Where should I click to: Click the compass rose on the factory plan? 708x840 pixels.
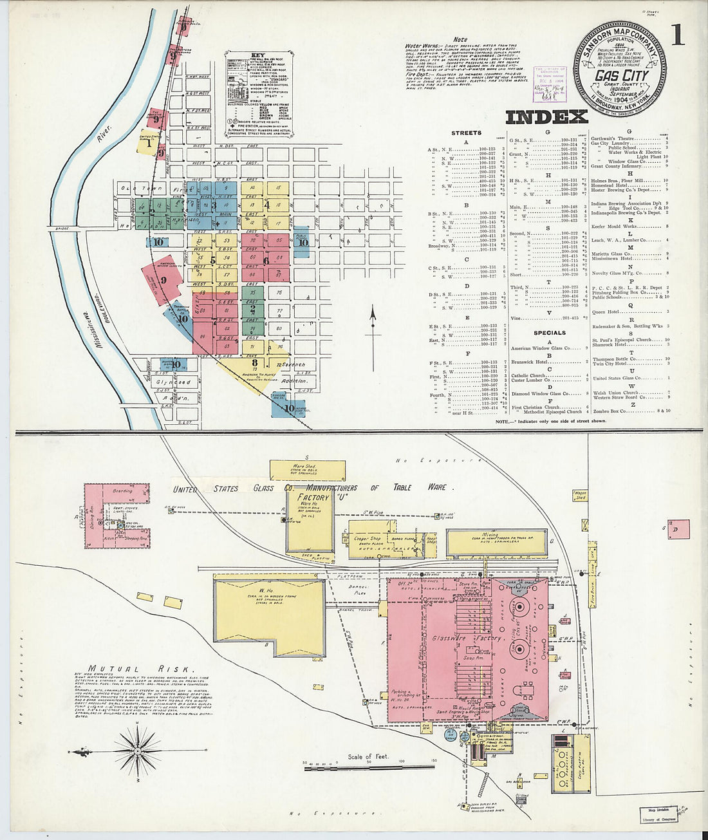pos(137,750)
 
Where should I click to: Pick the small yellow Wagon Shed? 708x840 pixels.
pos(581,496)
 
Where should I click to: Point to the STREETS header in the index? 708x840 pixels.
pos(466,133)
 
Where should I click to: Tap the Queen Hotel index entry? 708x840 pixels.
pos(606,312)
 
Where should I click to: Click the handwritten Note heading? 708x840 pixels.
pos(460,40)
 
